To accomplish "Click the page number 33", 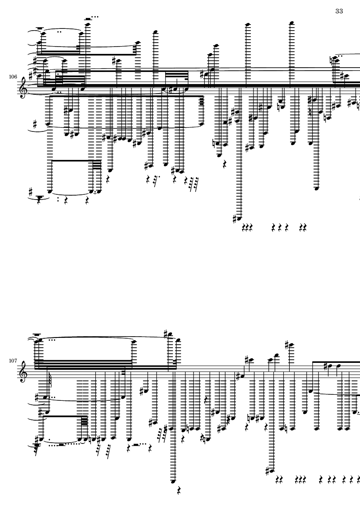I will click(339, 11).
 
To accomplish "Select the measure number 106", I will click(13, 77).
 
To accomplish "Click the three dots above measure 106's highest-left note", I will click(95, 17).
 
